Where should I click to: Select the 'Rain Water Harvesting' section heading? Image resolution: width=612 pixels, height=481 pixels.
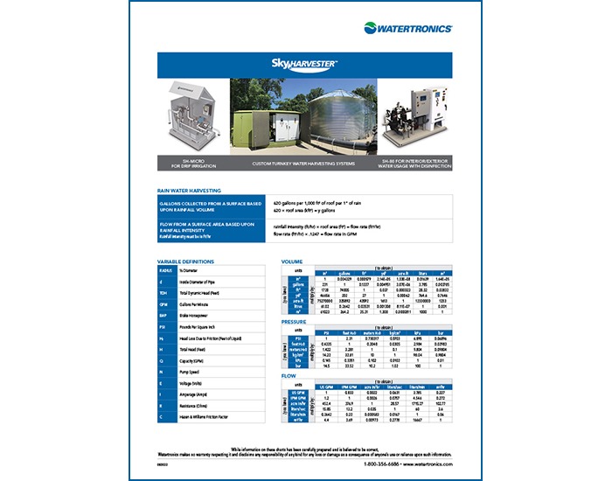click(x=189, y=190)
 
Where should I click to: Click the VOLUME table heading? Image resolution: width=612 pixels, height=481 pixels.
click(x=292, y=262)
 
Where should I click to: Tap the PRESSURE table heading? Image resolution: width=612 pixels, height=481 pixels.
click(x=295, y=322)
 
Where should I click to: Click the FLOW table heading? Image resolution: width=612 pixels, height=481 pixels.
click(x=289, y=376)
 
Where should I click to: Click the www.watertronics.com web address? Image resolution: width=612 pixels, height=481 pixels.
click(x=428, y=464)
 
